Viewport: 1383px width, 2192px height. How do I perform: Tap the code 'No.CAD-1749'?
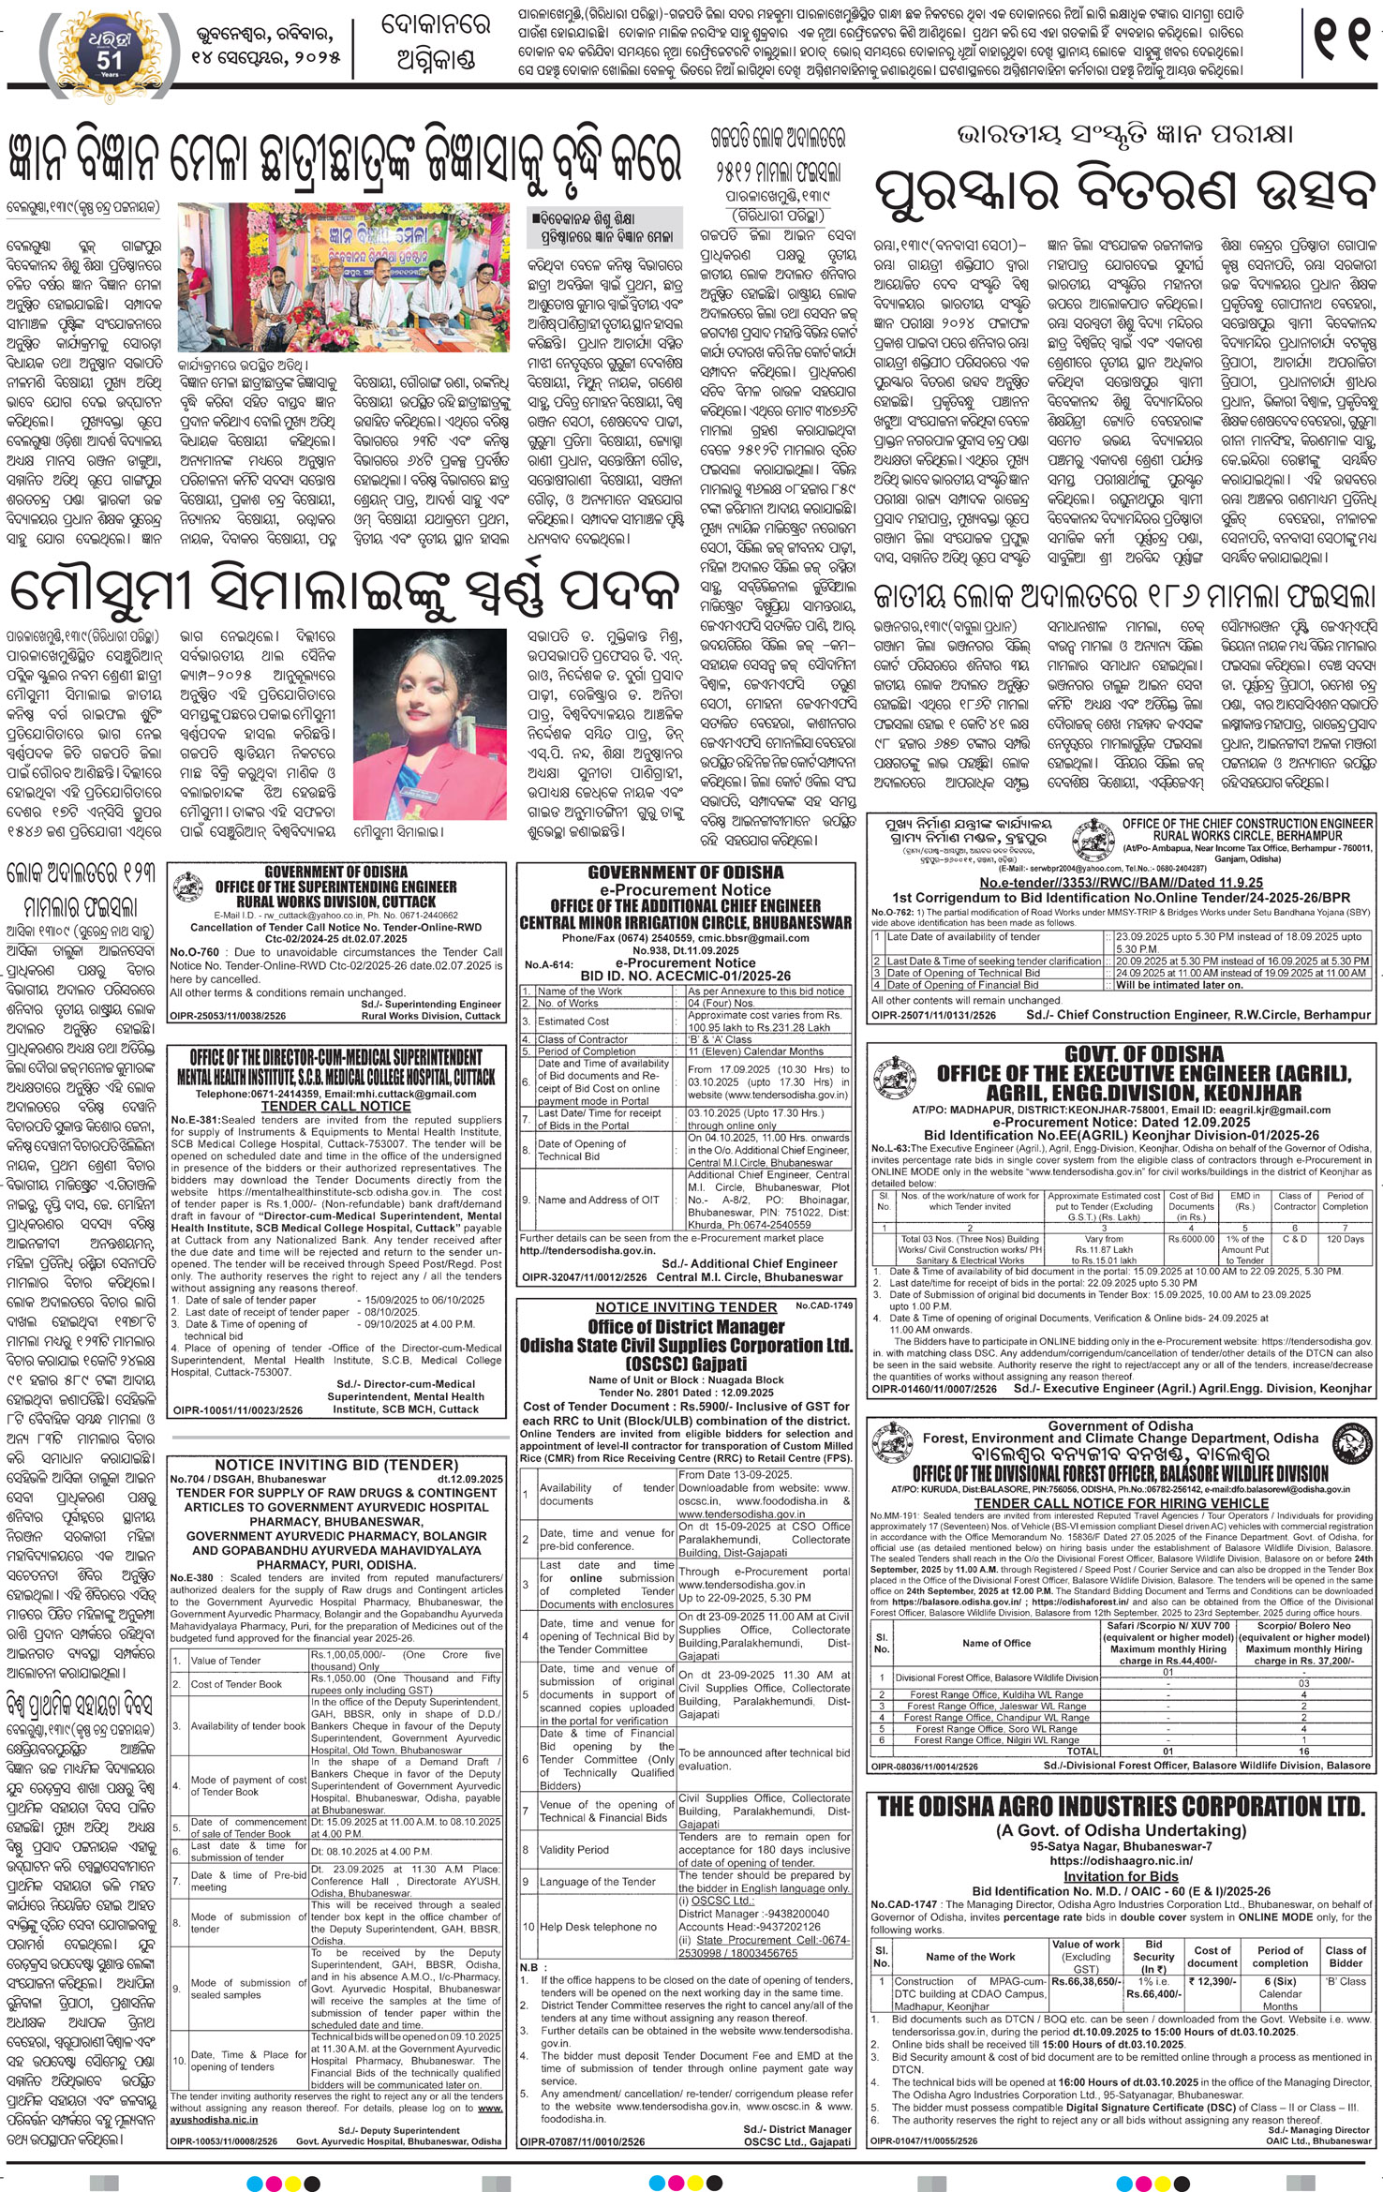click(x=825, y=1305)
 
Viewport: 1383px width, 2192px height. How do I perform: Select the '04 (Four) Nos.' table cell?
click(x=719, y=1003)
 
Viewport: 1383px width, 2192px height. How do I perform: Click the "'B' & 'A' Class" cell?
click(x=720, y=1038)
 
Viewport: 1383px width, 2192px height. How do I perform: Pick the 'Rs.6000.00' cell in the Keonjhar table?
click(x=1191, y=1238)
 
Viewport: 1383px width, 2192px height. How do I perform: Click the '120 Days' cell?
click(x=1346, y=1238)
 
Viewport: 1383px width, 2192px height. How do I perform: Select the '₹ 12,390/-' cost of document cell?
click(x=1212, y=1981)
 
